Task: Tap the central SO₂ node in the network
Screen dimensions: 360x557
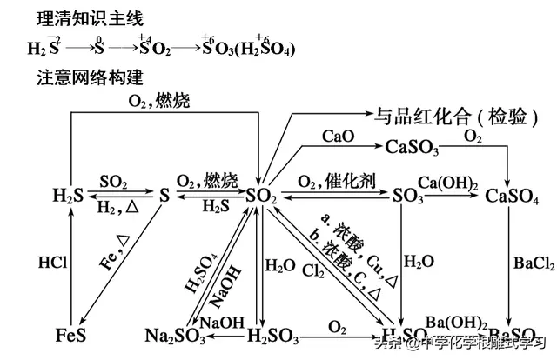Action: [x=261, y=197]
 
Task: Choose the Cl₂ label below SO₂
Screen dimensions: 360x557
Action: [x=314, y=271]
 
